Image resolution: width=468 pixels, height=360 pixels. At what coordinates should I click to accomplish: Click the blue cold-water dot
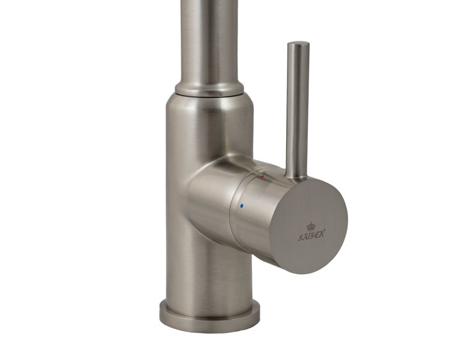click(x=242, y=206)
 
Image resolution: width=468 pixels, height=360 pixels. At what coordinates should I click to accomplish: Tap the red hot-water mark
click(x=262, y=178)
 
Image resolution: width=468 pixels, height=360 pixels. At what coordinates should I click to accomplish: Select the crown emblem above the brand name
click(x=311, y=227)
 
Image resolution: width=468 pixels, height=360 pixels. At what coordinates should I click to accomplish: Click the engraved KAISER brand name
click(x=311, y=236)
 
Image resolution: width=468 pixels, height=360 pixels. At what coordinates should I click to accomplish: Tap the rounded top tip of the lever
click(x=298, y=45)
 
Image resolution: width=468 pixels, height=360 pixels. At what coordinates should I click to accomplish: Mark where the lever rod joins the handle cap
click(x=296, y=176)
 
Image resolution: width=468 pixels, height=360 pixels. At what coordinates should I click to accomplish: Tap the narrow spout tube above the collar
click(x=209, y=36)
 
